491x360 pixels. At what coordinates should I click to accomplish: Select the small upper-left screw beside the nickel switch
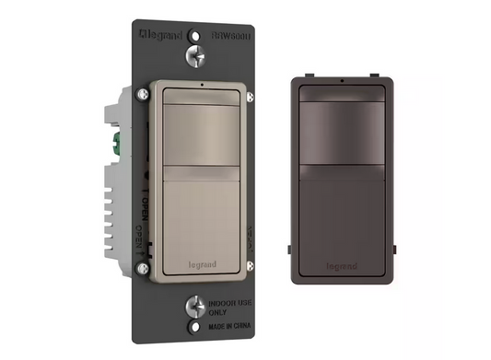pyautogui.click(x=144, y=93)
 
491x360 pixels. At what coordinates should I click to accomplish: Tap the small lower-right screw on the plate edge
pyautogui.click(x=251, y=267)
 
